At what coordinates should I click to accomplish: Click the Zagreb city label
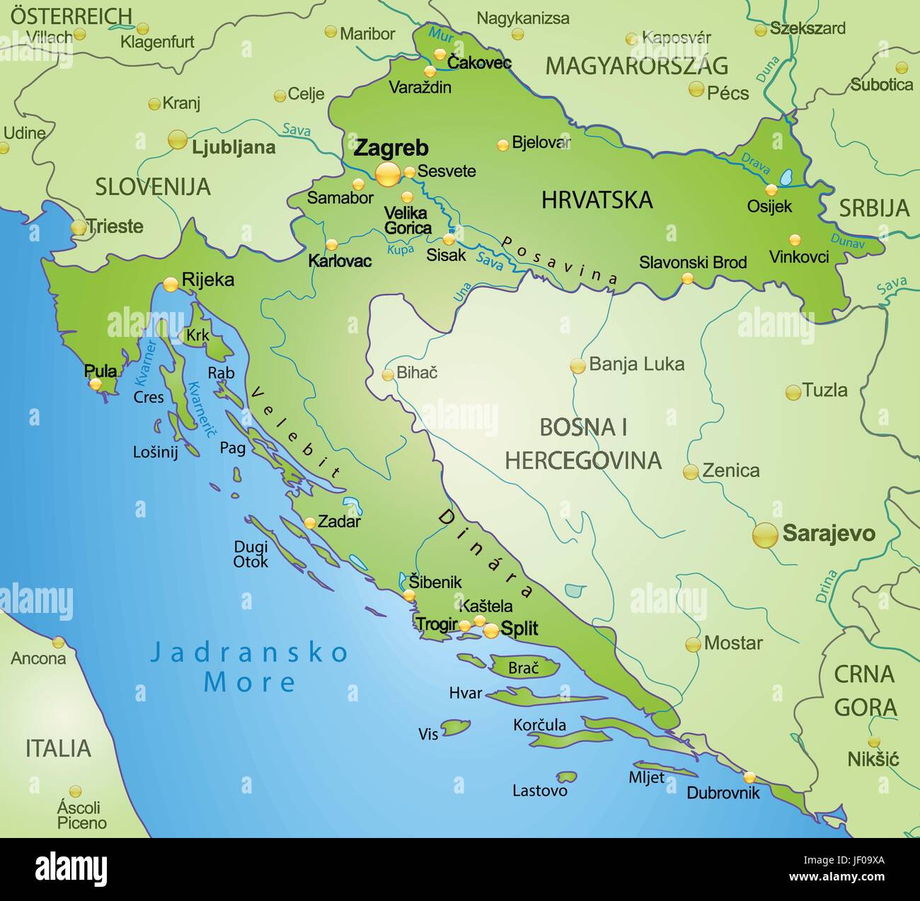tap(391, 148)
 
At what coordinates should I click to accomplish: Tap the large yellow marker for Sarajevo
tap(765, 534)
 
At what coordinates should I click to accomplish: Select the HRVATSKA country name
tap(597, 200)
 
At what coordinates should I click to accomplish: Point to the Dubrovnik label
tap(723, 793)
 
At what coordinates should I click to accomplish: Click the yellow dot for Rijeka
tap(171, 284)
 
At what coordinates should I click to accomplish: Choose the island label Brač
tap(524, 667)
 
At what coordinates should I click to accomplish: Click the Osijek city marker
tap(771, 190)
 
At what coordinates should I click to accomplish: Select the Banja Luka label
tap(636, 365)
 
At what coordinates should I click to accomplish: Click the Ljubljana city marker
tap(178, 139)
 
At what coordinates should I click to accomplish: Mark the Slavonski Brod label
tap(693, 262)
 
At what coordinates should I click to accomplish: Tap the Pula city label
tap(100, 370)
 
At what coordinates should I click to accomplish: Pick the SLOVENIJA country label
tap(153, 187)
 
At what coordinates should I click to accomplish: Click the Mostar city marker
tap(693, 644)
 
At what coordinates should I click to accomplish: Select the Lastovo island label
tap(539, 791)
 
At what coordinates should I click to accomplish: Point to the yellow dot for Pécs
tap(696, 89)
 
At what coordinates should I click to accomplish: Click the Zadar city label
tap(339, 522)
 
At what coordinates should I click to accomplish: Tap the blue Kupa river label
tap(401, 249)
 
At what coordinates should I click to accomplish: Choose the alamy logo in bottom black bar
tap(71, 868)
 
